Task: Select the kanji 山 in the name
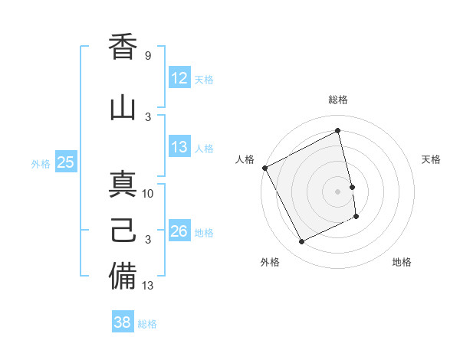(123, 106)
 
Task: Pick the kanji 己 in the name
(123, 229)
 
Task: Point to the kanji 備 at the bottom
(123, 275)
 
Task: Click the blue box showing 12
(179, 78)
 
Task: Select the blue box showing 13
(179, 147)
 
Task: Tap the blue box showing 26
(179, 231)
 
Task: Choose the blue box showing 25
(66, 162)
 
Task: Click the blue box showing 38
(123, 322)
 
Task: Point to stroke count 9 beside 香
(147, 56)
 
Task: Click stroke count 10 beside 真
(148, 194)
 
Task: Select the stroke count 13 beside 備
(148, 286)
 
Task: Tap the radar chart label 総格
(338, 100)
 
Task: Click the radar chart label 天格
(432, 159)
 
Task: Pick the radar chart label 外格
(270, 262)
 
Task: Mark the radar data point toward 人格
(264, 168)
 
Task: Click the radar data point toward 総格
(338, 131)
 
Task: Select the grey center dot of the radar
(338, 191)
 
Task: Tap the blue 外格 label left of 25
(41, 163)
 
